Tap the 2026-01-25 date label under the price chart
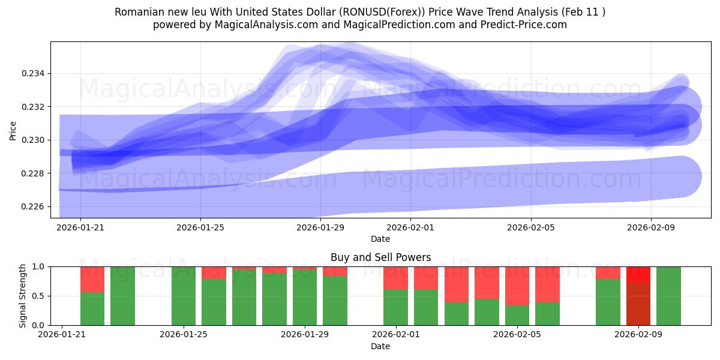point(200,228)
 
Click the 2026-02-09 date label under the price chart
point(652,228)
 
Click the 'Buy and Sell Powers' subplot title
point(380,257)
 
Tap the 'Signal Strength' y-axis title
point(22,296)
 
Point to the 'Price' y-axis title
point(13,130)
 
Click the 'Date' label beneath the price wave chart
point(380,239)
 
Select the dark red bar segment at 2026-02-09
point(638,304)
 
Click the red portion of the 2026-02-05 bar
point(517,286)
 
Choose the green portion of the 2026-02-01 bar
point(396,307)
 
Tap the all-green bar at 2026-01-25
point(184,296)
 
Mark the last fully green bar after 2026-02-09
point(668,296)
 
